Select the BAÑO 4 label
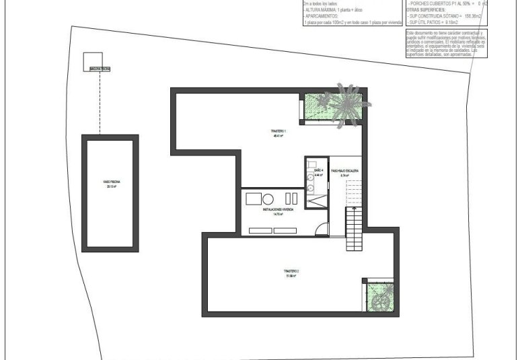318,171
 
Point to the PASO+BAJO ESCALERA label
344,171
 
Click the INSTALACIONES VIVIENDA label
277,210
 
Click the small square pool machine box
91,61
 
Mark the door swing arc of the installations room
322,228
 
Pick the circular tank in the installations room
268,199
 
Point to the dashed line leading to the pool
100,101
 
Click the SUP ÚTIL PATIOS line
436,22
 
